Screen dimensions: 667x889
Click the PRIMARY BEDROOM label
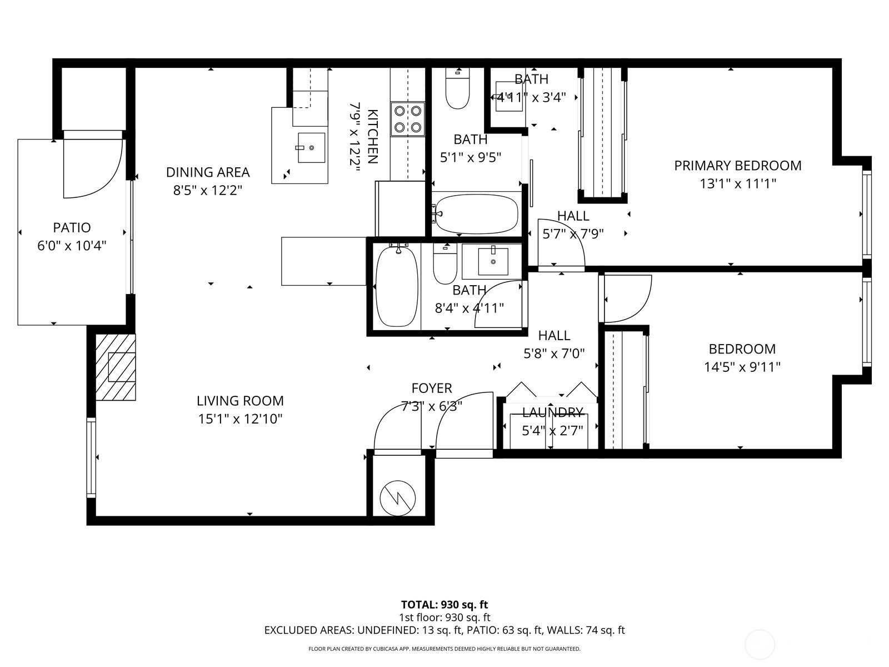(737, 166)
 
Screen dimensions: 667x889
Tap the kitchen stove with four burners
(407, 119)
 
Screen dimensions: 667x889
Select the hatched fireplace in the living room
(116, 367)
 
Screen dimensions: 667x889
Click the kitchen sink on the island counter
(311, 147)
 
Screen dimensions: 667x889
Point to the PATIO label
(72, 227)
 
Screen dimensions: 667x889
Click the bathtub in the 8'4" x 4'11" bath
(397, 286)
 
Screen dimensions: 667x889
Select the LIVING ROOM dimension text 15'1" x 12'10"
(240, 419)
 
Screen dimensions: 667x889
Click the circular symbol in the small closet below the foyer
(398, 496)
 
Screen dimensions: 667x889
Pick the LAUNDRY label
(552, 412)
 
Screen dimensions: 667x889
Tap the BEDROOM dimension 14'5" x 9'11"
(742, 367)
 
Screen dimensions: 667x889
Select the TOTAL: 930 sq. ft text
(444, 604)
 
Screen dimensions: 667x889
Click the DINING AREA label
(208, 172)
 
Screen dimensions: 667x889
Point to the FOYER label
(431, 388)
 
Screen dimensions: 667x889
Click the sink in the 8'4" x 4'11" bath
(493, 261)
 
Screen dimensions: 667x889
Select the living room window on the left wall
(91, 457)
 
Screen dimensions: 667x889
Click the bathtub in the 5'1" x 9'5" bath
(477, 214)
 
